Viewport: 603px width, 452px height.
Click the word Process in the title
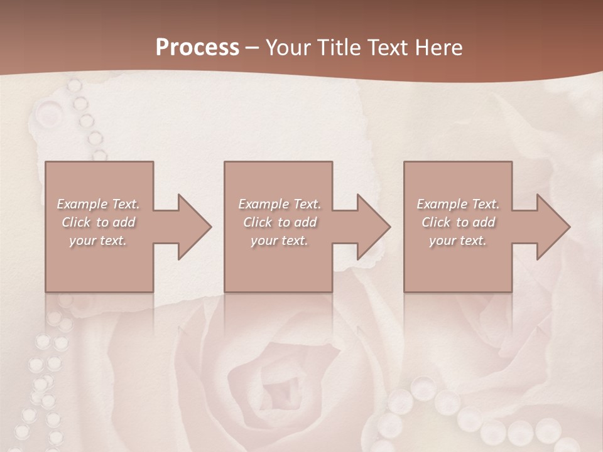pos(197,48)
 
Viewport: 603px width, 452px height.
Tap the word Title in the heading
pos(339,48)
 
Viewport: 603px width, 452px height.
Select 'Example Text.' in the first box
pos(98,204)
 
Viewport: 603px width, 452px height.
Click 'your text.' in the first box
pos(98,240)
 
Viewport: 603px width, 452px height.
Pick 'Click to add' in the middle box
pos(280,222)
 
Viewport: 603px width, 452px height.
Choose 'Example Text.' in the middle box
pos(280,204)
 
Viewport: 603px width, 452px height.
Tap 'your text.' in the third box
pos(458,240)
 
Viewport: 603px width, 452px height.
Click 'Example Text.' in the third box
pos(458,204)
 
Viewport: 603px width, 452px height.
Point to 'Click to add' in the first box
pos(98,222)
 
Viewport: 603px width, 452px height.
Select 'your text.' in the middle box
pos(280,240)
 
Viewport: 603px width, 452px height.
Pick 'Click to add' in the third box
pos(458,222)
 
